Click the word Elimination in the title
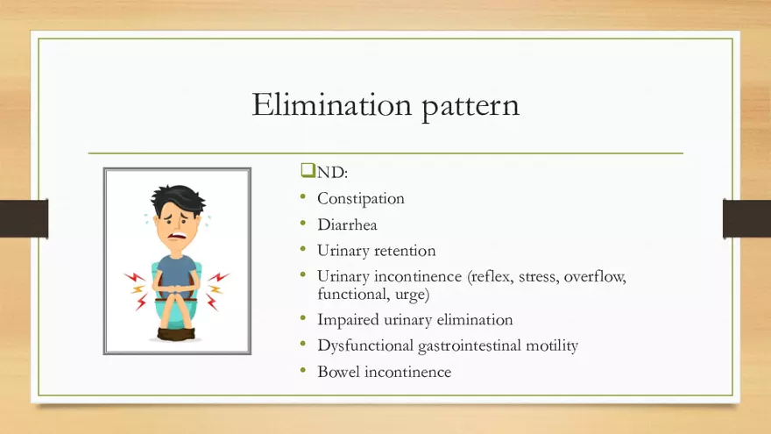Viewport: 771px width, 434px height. coord(332,104)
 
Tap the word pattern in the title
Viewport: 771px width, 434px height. coord(470,106)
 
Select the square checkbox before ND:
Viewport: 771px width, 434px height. coord(308,170)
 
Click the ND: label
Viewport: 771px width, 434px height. coord(332,172)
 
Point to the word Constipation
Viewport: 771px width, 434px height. coord(361,198)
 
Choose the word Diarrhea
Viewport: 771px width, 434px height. coord(347,224)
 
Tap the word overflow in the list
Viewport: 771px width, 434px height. coord(595,276)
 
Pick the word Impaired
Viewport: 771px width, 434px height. coord(348,320)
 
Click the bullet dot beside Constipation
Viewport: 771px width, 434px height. coord(303,196)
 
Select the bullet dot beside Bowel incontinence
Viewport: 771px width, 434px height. coord(303,370)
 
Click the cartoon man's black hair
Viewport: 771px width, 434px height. coord(177,198)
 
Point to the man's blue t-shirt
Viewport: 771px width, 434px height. coord(176,272)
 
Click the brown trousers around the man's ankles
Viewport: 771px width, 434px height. coord(176,334)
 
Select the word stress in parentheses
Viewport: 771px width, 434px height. coord(539,276)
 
